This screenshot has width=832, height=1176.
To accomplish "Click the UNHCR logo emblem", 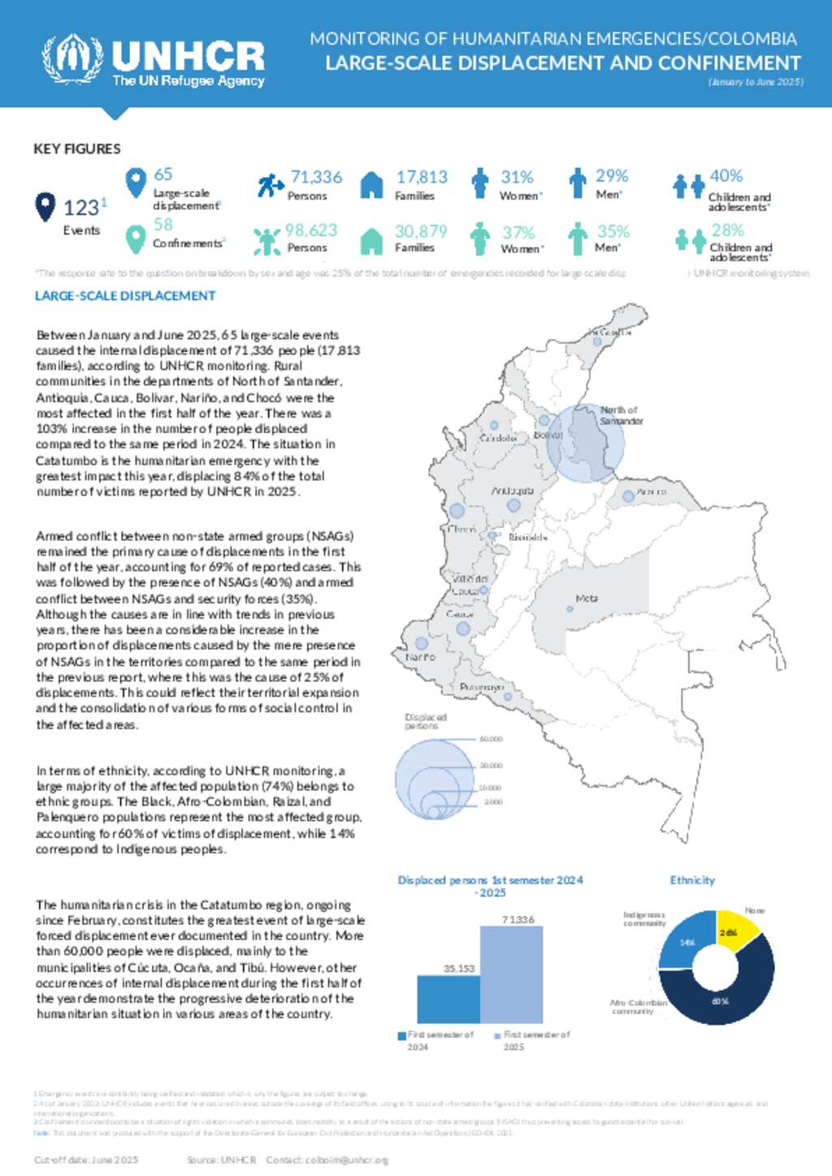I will pyautogui.click(x=72, y=59).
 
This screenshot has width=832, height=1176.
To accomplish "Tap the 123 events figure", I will pyautogui.click(x=81, y=208).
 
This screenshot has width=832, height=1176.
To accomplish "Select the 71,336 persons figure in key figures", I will pyautogui.click(x=316, y=177).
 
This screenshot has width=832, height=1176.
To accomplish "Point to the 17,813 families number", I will pyautogui.click(x=422, y=177).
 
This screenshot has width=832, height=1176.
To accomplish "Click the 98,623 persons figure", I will pyautogui.click(x=310, y=231).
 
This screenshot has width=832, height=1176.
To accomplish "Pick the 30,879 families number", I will pyautogui.click(x=421, y=232).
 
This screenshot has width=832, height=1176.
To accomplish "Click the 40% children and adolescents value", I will pyautogui.click(x=726, y=176).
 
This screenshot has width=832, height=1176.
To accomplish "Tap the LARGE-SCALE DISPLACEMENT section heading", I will pyautogui.click(x=125, y=296).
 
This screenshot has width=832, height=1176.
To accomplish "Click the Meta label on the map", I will pyautogui.click(x=587, y=598).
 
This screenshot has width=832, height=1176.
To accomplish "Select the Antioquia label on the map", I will pyautogui.click(x=512, y=491).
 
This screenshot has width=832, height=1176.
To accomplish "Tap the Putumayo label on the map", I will pyautogui.click(x=482, y=688).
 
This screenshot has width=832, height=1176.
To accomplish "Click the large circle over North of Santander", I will pyautogui.click(x=585, y=443).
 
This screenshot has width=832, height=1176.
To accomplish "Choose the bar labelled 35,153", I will pyautogui.click(x=448, y=999).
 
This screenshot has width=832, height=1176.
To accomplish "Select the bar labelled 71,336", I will pyautogui.click(x=511, y=974).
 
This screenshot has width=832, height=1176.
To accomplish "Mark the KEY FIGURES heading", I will pyautogui.click(x=77, y=149).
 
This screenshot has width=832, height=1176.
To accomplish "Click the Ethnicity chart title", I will pyautogui.click(x=692, y=880).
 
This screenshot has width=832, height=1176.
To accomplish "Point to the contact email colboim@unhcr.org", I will pyautogui.click(x=347, y=1160).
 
